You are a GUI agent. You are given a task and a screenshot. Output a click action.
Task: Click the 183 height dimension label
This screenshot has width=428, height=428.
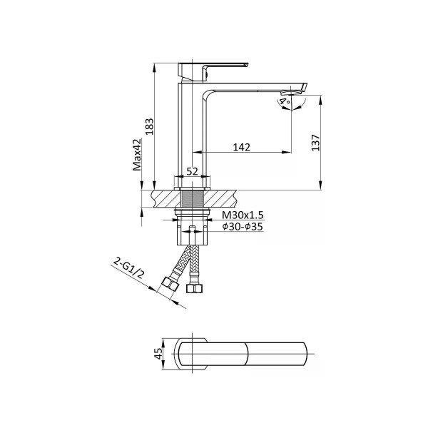(x=149, y=126)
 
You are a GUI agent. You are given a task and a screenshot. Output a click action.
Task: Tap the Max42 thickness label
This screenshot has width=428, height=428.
(x=137, y=155)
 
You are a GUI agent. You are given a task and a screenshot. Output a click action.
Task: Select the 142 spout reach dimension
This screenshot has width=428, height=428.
(x=242, y=147)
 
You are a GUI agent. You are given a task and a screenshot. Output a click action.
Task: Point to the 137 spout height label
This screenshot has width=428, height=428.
(x=315, y=143)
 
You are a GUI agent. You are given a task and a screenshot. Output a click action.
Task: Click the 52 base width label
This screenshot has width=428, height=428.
(x=192, y=171)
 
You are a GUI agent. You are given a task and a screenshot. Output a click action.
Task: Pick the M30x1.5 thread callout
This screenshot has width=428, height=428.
(x=243, y=215)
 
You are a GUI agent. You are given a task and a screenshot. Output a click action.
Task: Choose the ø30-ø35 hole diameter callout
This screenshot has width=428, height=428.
(x=243, y=227)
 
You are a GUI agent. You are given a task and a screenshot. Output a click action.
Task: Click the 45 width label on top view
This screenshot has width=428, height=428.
(x=158, y=354)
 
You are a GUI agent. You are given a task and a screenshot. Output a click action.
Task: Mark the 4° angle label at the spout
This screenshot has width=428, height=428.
(x=285, y=101)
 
